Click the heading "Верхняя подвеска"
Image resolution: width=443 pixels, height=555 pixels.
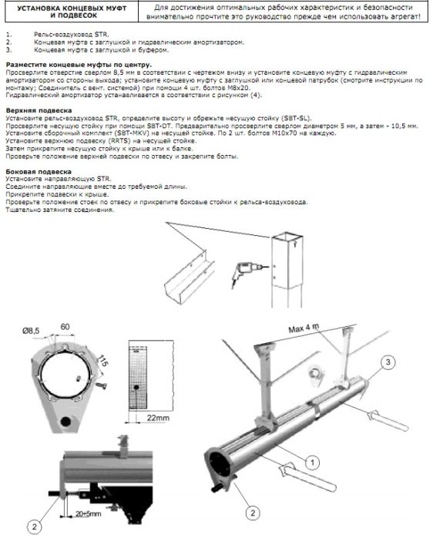pyautogui.click(x=39, y=110)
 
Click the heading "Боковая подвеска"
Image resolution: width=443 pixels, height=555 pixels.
pyautogui.click(x=39, y=172)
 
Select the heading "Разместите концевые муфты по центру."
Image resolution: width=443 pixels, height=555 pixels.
pyautogui.click(x=79, y=65)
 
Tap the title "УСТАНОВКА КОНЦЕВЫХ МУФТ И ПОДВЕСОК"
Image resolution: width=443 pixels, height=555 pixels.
pyautogui.click(x=72, y=12)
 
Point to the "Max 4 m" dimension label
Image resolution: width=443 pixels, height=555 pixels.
pyautogui.click(x=304, y=328)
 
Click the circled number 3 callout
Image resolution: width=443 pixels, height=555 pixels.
pyautogui.click(x=388, y=362)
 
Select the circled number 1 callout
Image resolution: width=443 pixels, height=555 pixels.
pyautogui.click(x=312, y=462)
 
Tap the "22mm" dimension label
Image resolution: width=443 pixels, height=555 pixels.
pyautogui.click(x=158, y=418)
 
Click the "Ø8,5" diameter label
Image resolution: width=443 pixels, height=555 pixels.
pyautogui.click(x=31, y=331)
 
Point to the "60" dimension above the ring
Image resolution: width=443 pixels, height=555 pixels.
pyautogui.click(x=65, y=327)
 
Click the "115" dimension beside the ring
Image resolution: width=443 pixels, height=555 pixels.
pyautogui.click(x=103, y=361)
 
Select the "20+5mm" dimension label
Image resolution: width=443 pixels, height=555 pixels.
pyautogui.click(x=88, y=513)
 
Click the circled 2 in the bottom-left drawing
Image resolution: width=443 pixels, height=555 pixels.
pyautogui.click(x=35, y=526)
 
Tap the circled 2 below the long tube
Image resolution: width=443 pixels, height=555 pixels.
pyautogui.click(x=253, y=513)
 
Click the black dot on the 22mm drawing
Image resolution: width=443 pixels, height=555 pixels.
pyautogui.click(x=136, y=388)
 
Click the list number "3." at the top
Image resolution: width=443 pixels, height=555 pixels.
pyautogui.click(x=8, y=50)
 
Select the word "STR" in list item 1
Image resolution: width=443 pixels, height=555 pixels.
pyautogui.click(x=101, y=35)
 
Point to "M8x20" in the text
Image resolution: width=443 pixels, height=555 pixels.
pyautogui.click(x=240, y=88)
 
